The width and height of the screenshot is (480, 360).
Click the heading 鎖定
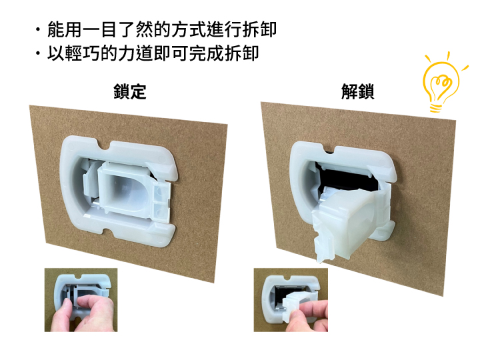click(129, 91)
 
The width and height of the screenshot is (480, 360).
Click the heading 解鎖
click(357, 91)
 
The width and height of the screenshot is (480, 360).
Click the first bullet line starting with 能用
click(161, 30)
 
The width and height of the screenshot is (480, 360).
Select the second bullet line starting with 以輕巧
click(153, 53)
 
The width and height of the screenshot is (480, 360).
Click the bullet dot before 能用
click(37, 30)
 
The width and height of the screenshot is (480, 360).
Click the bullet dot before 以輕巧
click(37, 53)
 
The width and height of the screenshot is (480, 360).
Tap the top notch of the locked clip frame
click(105, 146)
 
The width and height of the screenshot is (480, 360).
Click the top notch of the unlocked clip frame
click(329, 149)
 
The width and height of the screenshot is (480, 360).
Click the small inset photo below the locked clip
click(81, 300)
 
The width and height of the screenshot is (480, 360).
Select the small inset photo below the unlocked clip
click(291, 300)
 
